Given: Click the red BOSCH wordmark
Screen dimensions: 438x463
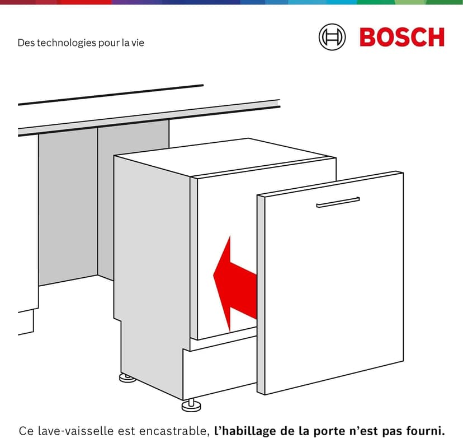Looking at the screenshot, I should [401, 37].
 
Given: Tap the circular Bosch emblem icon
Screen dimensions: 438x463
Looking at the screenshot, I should [332, 37].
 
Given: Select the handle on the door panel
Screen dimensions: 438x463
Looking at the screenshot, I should [338, 202].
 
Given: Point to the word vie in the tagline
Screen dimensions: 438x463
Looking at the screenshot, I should [137, 43].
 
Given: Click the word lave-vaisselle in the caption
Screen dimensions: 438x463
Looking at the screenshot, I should [71, 431].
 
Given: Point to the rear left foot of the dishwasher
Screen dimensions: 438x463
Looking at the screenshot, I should [127, 378].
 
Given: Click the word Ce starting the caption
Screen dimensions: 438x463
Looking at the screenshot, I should [25, 431].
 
